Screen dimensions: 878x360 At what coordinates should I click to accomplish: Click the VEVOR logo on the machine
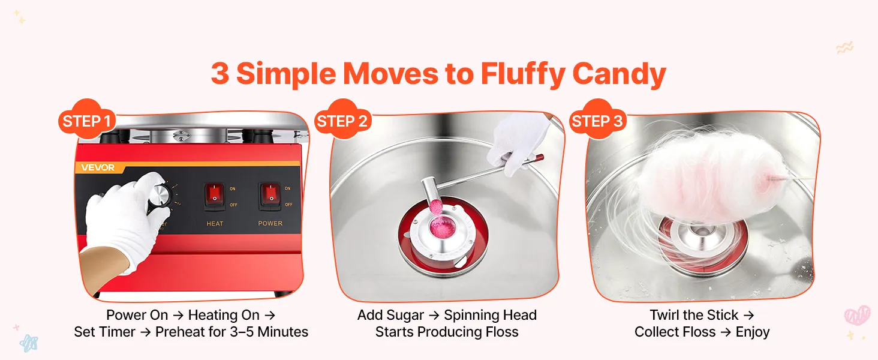98,168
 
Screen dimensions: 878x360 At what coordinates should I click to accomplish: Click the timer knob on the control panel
161,194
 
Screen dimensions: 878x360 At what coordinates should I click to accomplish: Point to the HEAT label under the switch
215,224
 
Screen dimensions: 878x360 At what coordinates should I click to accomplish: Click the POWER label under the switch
270,223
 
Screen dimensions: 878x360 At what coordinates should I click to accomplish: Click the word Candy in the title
620,74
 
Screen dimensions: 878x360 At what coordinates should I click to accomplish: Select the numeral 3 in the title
220,74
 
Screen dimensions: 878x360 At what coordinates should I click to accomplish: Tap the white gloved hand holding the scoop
518,143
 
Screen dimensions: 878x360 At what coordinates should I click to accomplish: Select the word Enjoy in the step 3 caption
753,332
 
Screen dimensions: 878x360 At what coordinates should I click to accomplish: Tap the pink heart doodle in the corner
857,316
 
